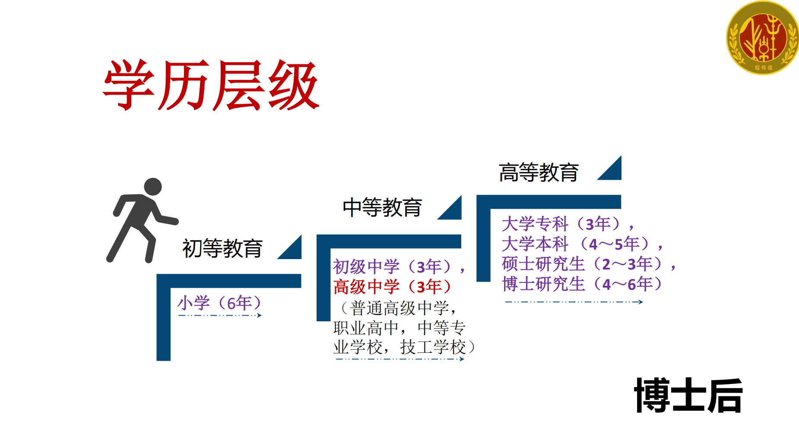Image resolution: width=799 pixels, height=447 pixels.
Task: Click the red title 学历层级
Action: click(211, 85)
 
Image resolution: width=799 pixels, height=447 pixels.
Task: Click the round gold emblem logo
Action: click(763, 38)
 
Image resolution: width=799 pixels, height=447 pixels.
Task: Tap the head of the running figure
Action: click(152, 187)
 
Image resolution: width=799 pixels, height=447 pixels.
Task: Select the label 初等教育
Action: click(222, 248)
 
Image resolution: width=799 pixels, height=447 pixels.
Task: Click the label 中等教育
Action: click(382, 207)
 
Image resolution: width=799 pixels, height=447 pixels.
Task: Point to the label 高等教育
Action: click(539, 172)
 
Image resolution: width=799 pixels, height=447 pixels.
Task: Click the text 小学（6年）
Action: click(219, 303)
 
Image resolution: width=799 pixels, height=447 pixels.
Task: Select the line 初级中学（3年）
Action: click(392, 266)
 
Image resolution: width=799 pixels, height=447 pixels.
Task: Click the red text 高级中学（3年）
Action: click(392, 286)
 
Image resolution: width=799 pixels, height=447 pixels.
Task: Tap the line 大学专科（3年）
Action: click(561, 224)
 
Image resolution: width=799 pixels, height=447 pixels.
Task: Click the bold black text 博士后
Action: click(688, 395)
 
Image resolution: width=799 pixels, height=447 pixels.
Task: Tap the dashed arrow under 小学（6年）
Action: click(220, 315)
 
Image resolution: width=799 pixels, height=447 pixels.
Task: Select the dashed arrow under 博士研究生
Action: click(574, 302)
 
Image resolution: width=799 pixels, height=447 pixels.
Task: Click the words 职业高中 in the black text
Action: click(366, 328)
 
